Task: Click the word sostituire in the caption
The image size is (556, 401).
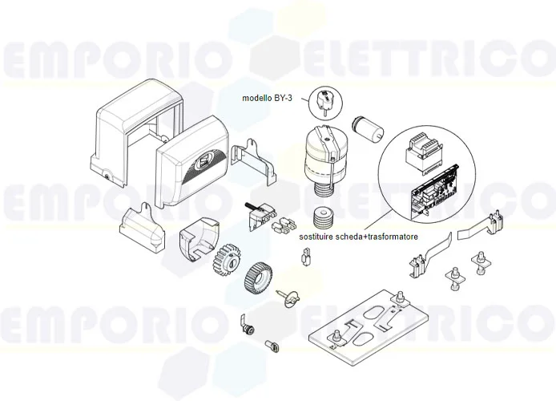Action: point(316,240)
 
